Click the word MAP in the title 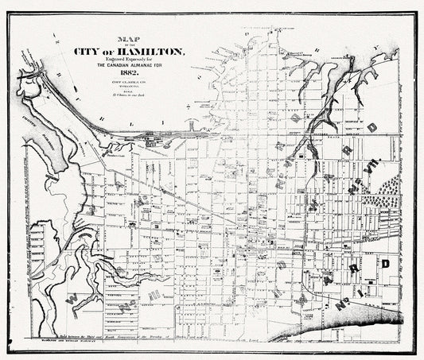coord(126,37)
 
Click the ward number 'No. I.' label coord(351,301)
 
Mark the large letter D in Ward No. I coord(383,263)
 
